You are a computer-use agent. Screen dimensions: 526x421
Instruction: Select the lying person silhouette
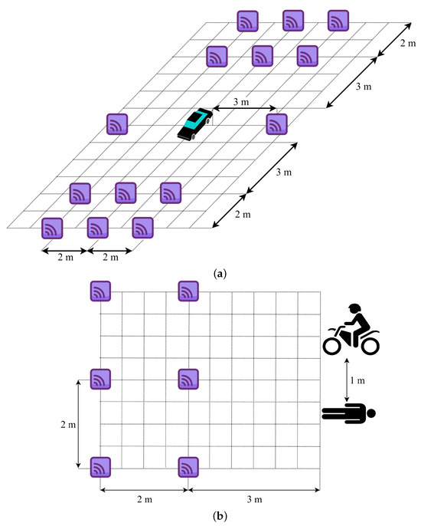click(349, 414)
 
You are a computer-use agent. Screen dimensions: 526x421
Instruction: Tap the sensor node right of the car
click(276, 123)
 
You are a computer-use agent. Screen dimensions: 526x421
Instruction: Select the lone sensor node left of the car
click(117, 123)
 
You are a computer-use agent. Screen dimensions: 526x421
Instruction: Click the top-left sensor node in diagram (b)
click(102, 291)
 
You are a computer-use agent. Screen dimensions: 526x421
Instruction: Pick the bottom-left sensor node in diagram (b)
click(102, 466)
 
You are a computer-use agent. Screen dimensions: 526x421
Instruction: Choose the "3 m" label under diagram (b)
click(255, 499)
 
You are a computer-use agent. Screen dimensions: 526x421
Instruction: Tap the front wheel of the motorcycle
click(333, 345)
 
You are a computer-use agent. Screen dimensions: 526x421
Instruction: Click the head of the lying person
click(371, 414)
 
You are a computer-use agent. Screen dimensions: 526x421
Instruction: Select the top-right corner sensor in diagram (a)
click(338, 21)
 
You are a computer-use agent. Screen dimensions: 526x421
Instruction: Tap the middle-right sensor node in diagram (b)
click(188, 379)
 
